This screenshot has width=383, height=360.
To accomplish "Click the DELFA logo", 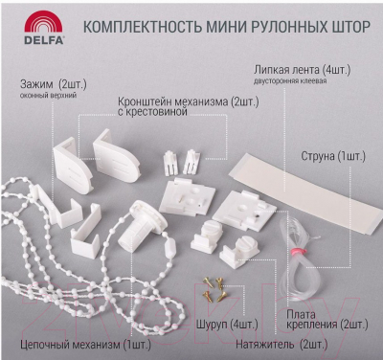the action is coord(44,28).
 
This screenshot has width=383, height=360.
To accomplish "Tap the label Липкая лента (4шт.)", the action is coord(303,70).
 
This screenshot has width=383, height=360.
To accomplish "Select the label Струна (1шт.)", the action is coord(333,156).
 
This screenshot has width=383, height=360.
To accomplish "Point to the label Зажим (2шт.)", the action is coord(54,84).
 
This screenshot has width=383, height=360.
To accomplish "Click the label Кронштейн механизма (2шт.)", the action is coord(189,102).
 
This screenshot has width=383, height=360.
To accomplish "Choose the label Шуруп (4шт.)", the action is coord(227,325).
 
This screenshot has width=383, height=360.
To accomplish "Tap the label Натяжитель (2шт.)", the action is coord(282,345).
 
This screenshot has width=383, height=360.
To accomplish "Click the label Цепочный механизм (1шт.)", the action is coord(85,345).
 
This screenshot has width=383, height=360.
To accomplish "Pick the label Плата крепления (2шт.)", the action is coord(327,320).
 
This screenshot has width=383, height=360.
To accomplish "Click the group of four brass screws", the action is coord(214,289).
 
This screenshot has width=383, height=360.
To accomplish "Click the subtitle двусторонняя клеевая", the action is coord(290,81).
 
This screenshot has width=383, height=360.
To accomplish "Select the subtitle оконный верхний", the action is coord(48,95).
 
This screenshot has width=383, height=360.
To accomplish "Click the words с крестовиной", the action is coord(152,112).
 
